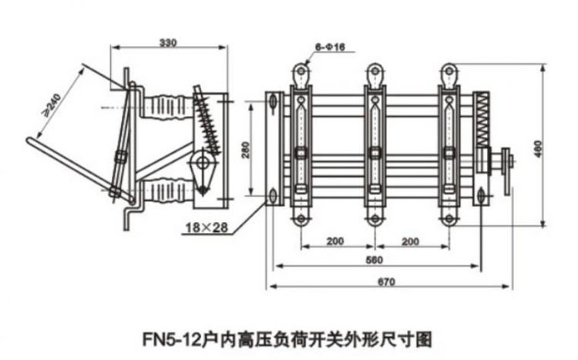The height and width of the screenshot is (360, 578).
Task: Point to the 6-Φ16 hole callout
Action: coord(333,48)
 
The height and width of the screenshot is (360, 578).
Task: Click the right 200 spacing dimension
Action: coord(410,241)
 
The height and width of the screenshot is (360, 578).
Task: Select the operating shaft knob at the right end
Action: coord(507,163)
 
